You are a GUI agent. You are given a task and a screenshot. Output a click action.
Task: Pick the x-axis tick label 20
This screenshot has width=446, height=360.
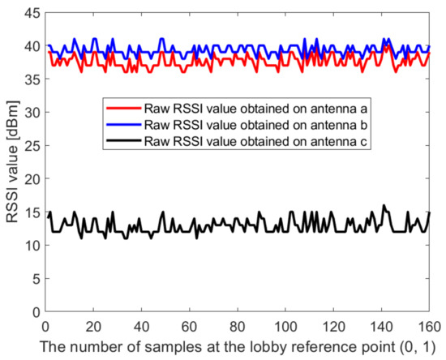93,324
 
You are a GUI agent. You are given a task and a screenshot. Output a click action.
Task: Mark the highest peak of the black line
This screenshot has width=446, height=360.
384,206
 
